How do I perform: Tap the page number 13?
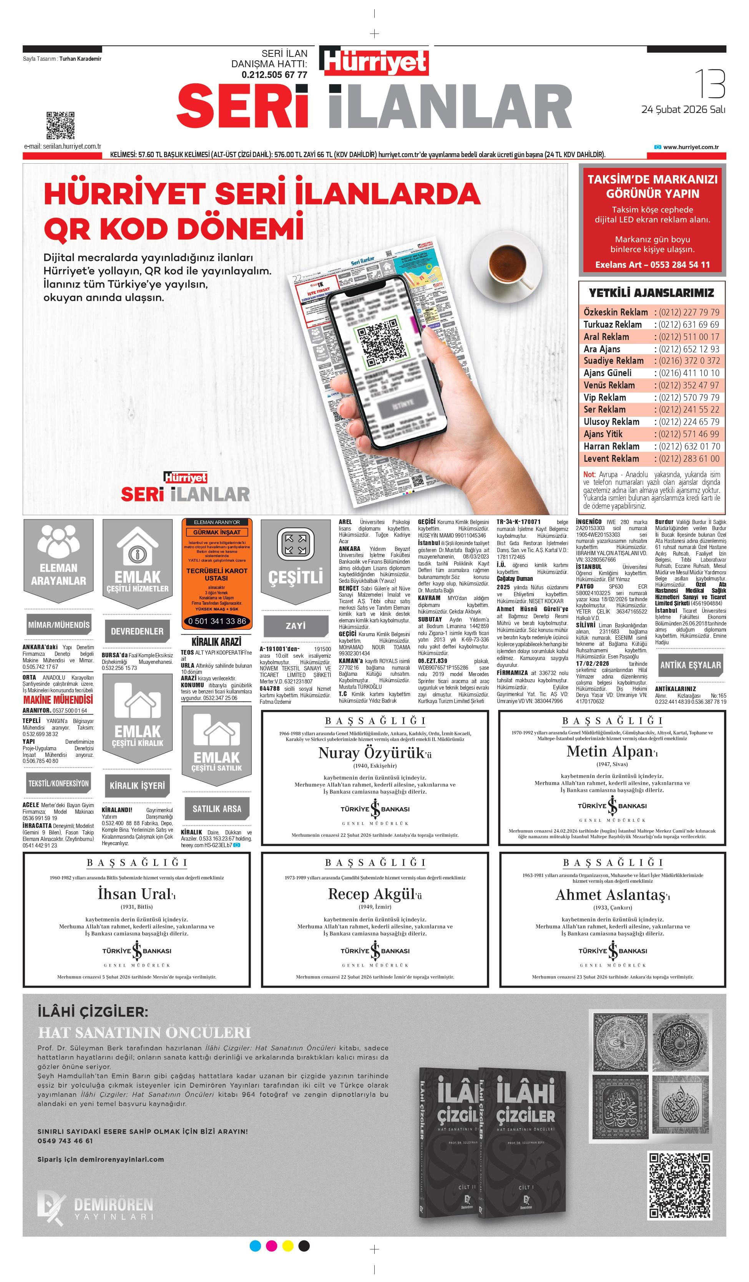click(x=710, y=85)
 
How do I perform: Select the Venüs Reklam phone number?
click(x=689, y=385)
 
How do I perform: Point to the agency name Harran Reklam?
click(x=611, y=446)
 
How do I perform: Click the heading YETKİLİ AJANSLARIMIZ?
click(x=651, y=293)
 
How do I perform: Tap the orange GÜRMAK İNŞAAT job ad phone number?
click(x=217, y=621)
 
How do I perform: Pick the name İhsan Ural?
click(x=135, y=894)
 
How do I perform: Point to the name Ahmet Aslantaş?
click(x=610, y=895)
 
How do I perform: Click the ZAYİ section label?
click(x=296, y=626)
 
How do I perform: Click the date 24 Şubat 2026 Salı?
click(x=683, y=109)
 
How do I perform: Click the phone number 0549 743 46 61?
click(x=65, y=1141)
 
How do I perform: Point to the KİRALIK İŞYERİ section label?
click(x=137, y=786)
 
